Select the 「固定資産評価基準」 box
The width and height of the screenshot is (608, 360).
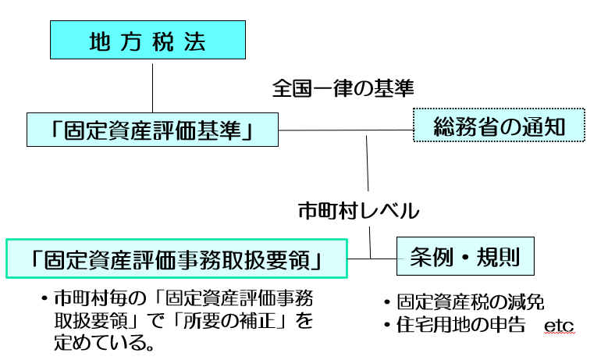click(152, 129)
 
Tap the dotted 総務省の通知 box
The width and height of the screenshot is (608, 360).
click(499, 125)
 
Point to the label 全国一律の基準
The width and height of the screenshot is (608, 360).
click(342, 87)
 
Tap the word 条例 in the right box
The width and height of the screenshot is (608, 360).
click(428, 256)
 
